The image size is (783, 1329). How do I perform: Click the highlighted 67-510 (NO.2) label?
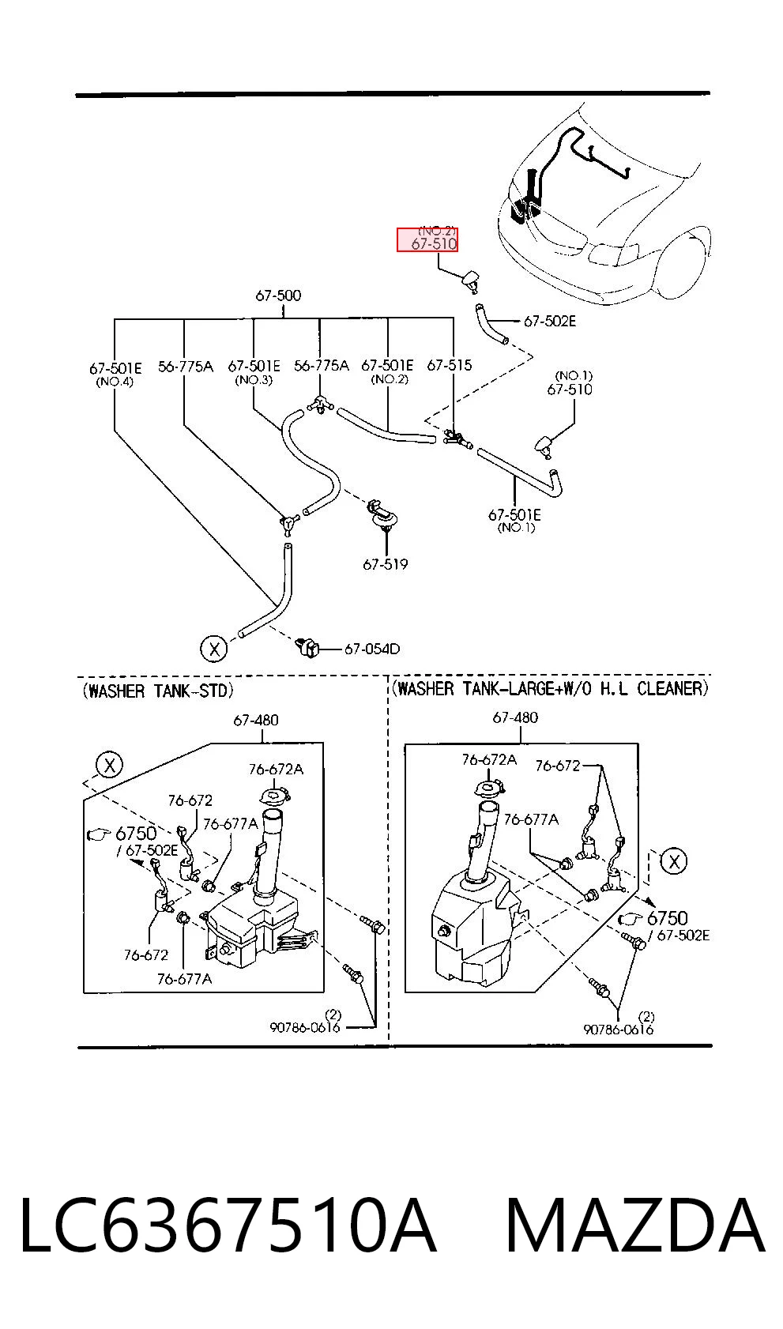click(427, 239)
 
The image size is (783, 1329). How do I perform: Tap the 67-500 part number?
click(278, 295)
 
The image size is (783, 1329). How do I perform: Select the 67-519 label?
click(386, 564)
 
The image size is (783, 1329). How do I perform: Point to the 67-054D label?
click(372, 649)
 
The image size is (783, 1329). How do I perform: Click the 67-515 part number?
click(450, 365)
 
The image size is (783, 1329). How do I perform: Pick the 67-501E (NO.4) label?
click(115, 374)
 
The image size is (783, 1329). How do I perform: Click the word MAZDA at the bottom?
click(634, 1226)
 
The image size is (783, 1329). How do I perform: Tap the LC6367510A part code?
click(228, 1226)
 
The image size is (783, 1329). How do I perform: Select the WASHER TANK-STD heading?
click(158, 691)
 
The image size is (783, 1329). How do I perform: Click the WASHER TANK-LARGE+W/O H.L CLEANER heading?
click(551, 688)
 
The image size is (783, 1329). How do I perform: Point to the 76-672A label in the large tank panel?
click(489, 760)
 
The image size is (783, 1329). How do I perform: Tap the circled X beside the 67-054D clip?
click(214, 648)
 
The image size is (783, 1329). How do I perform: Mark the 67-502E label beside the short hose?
click(550, 321)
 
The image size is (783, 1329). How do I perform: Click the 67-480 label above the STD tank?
click(256, 720)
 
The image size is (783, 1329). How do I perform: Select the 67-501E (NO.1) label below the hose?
click(514, 521)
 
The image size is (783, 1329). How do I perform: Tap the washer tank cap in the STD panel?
click(274, 796)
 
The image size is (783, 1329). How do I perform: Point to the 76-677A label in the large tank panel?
click(531, 819)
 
